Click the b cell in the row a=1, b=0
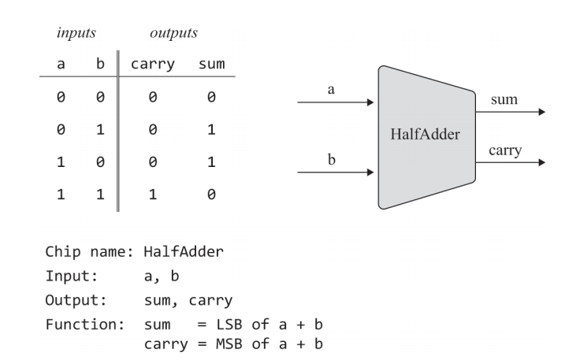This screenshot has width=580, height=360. pos(100,160)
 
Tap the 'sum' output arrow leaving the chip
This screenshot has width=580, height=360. pos(512,111)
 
